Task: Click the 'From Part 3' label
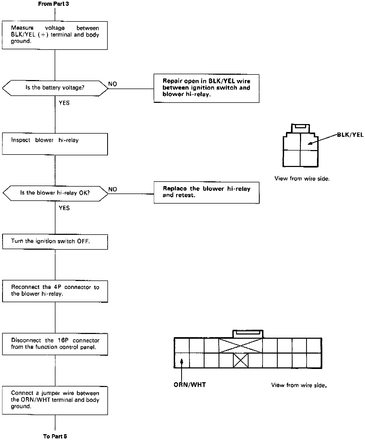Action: click(x=54, y=4)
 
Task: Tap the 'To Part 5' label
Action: click(x=55, y=436)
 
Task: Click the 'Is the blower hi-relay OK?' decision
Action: click(x=55, y=193)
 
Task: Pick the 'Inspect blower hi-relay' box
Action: click(x=55, y=144)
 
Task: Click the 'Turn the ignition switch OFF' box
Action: click(x=55, y=241)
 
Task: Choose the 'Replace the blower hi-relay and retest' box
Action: click(x=206, y=192)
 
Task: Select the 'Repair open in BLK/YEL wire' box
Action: click(x=206, y=88)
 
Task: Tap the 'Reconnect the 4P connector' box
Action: click(x=55, y=291)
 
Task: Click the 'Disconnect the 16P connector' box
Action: click(x=55, y=344)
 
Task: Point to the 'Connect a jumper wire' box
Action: click(x=55, y=400)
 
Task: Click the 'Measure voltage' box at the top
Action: click(x=55, y=35)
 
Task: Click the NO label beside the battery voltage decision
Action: click(x=113, y=84)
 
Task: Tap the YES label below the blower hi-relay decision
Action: click(x=64, y=208)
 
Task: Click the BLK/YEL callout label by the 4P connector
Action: click(x=350, y=135)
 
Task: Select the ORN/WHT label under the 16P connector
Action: click(x=190, y=385)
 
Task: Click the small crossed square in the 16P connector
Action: click(x=241, y=360)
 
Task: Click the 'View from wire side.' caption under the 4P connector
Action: click(x=302, y=179)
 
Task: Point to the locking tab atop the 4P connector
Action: click(x=300, y=127)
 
